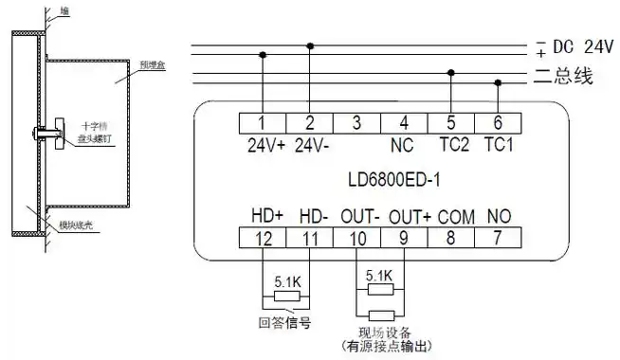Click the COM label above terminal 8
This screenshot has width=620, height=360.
455,216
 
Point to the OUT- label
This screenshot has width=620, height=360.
359,216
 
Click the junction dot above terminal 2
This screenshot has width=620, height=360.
310,45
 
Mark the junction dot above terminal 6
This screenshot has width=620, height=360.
499,82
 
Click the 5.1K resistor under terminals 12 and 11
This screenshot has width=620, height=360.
285,296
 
